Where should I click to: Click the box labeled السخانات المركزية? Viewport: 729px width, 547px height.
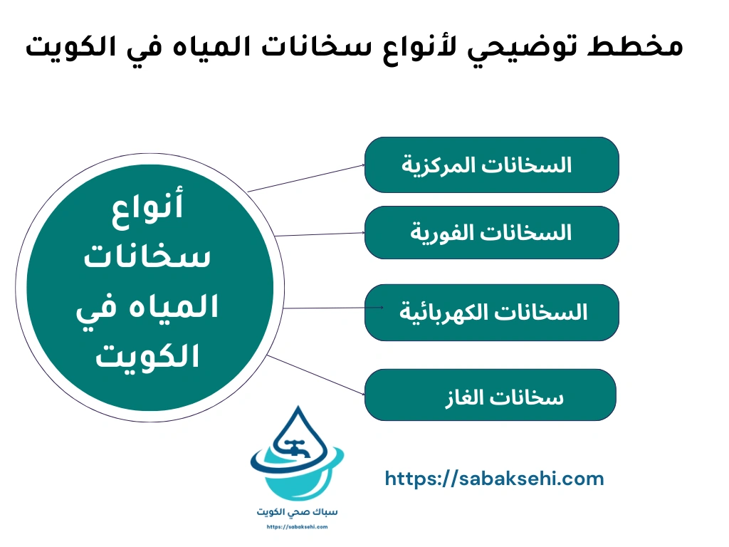pos(491,165)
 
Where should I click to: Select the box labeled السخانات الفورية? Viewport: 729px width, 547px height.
pos(491,232)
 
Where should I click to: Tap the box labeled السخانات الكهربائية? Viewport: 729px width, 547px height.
pos(491,312)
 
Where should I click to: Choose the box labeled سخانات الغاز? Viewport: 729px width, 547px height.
pos(490,395)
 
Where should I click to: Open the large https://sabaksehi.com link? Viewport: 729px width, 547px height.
pos(494,479)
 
